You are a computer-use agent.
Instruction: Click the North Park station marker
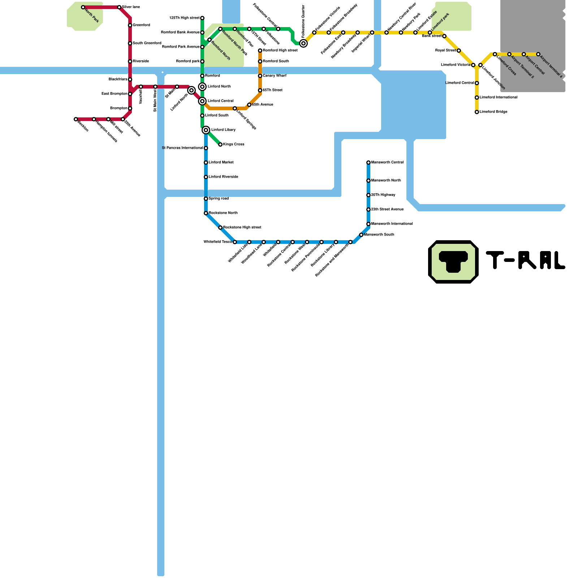tap(83, 7)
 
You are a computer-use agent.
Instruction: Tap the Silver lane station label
tap(131, 7)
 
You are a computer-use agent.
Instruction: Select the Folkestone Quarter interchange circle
tap(303, 43)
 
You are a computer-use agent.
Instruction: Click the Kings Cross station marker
tap(220, 144)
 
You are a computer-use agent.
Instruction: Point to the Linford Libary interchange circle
tap(206, 130)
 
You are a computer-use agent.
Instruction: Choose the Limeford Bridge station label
tap(493, 112)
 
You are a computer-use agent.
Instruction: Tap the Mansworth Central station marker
tap(368, 163)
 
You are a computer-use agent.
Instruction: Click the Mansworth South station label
tap(379, 235)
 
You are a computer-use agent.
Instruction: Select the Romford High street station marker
tap(260, 51)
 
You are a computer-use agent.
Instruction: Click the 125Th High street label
tap(184, 18)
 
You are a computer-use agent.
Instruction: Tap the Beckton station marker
tap(76, 119)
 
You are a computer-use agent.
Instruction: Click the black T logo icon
tap(453, 262)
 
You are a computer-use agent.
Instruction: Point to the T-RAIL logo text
tap(526, 260)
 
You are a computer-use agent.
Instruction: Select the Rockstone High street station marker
tap(220, 228)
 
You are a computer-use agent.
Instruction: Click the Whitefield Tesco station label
tap(217, 242)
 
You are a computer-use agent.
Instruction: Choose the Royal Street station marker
tap(459, 51)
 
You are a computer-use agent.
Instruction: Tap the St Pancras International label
tap(182, 148)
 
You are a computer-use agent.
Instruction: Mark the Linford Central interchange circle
tap(202, 101)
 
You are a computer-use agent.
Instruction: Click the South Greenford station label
tap(147, 43)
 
